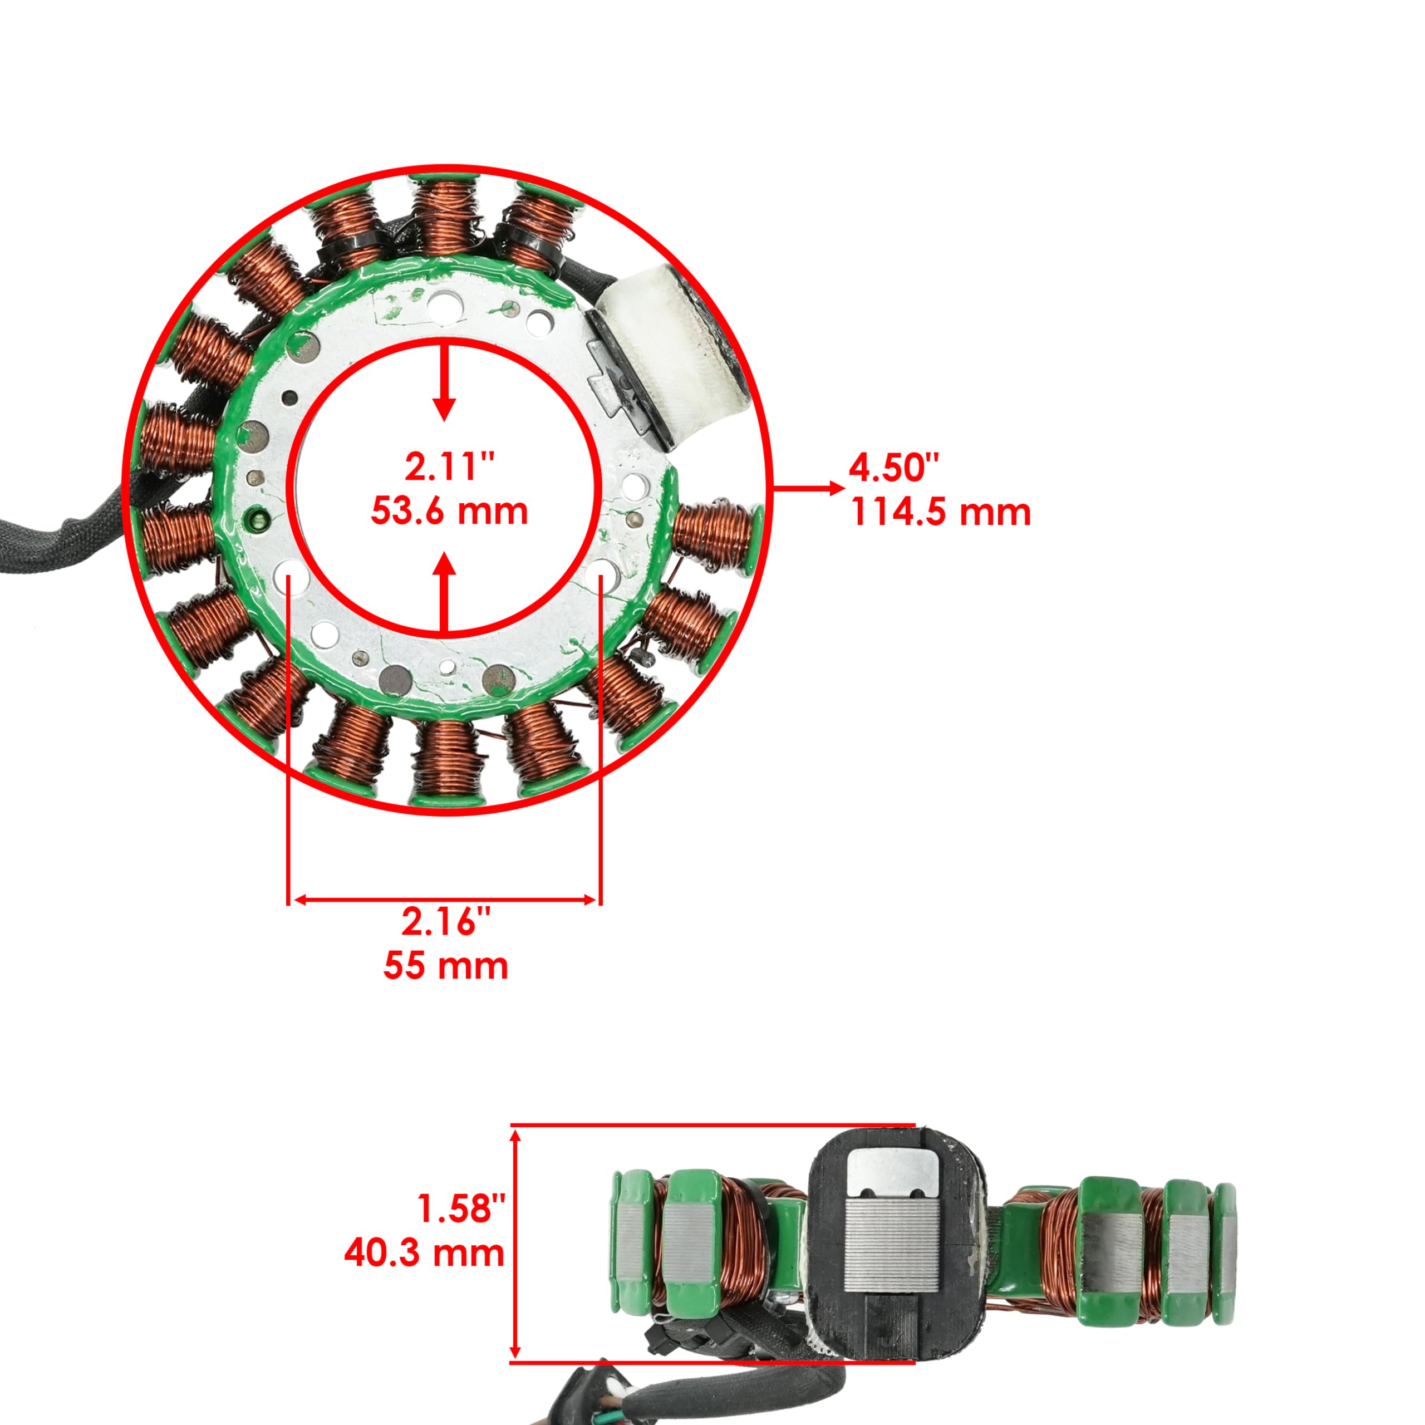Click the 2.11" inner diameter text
[449, 467]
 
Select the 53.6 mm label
[449, 510]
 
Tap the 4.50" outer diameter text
[894, 468]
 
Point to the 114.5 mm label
[940, 512]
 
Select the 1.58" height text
[461, 1208]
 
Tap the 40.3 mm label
[424, 1252]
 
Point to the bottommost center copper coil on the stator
[448, 760]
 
